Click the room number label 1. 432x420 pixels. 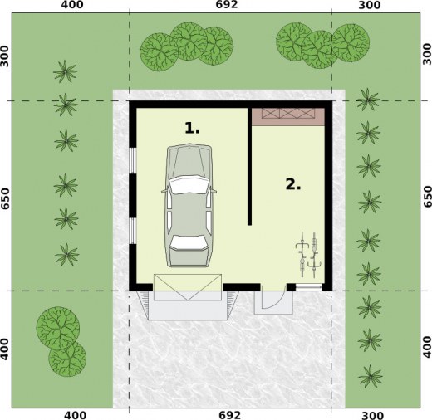click(x=192, y=128)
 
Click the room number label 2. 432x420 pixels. click(x=293, y=184)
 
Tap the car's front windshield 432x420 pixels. click(x=189, y=184)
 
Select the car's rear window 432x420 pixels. click(x=189, y=242)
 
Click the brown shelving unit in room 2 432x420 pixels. click(x=288, y=117)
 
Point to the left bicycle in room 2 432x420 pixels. click(x=302, y=255)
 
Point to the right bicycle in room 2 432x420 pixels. click(x=314, y=255)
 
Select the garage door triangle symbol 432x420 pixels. click(x=188, y=287)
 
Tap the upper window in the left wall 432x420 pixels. click(x=133, y=161)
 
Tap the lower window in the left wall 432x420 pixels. click(x=133, y=231)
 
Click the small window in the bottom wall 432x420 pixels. click(x=308, y=287)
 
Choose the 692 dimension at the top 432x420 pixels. click(x=227, y=5)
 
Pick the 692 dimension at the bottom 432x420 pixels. click(x=229, y=415)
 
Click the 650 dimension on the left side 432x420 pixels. click(x=5, y=198)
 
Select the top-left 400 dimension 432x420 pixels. click(x=72, y=5)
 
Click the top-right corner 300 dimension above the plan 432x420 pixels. click(x=370, y=5)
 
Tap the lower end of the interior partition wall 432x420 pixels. click(x=249, y=225)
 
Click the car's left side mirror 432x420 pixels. click(x=164, y=191)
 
